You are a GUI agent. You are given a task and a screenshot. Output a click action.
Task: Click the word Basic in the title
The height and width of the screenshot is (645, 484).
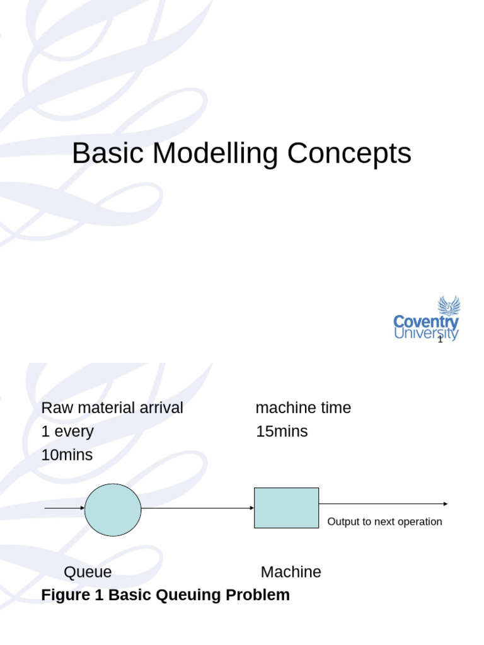click(x=107, y=154)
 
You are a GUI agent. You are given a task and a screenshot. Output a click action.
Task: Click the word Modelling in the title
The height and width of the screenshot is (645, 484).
click(x=214, y=154)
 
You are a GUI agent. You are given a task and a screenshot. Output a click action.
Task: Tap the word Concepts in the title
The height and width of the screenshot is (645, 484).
click(x=349, y=154)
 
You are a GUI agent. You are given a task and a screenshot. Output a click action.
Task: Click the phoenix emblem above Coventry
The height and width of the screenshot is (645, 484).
click(x=449, y=306)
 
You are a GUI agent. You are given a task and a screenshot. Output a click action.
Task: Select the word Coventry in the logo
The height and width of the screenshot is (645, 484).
click(x=426, y=322)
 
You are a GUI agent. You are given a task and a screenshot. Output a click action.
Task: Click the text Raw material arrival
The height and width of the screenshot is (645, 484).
click(x=112, y=408)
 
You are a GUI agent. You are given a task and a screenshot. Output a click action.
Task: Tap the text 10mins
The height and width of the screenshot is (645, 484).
click(x=67, y=455)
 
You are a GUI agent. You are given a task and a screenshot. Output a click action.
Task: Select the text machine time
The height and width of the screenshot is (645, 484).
click(x=303, y=408)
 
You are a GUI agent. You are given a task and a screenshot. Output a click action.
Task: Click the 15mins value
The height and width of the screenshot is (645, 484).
click(x=282, y=431)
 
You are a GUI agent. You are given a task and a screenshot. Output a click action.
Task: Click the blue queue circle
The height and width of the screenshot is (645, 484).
click(x=113, y=510)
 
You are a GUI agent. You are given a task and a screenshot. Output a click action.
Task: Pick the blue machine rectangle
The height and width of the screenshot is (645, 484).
click(x=286, y=508)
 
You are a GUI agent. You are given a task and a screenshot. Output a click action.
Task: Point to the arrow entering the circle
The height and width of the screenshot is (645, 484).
click(x=65, y=508)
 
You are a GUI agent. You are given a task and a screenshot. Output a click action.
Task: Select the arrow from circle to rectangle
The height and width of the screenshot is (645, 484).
click(x=197, y=508)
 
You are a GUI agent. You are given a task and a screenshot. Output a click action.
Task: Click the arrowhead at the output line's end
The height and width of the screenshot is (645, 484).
click(x=446, y=504)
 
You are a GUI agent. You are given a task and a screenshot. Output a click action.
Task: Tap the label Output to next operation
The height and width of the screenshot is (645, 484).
click(x=384, y=522)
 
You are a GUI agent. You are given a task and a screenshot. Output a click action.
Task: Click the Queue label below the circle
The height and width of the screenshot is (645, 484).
click(x=88, y=572)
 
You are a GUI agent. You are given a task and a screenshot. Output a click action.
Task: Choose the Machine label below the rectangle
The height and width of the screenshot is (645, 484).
click(x=291, y=572)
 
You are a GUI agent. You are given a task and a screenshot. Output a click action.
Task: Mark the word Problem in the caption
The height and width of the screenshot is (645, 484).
click(x=257, y=595)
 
